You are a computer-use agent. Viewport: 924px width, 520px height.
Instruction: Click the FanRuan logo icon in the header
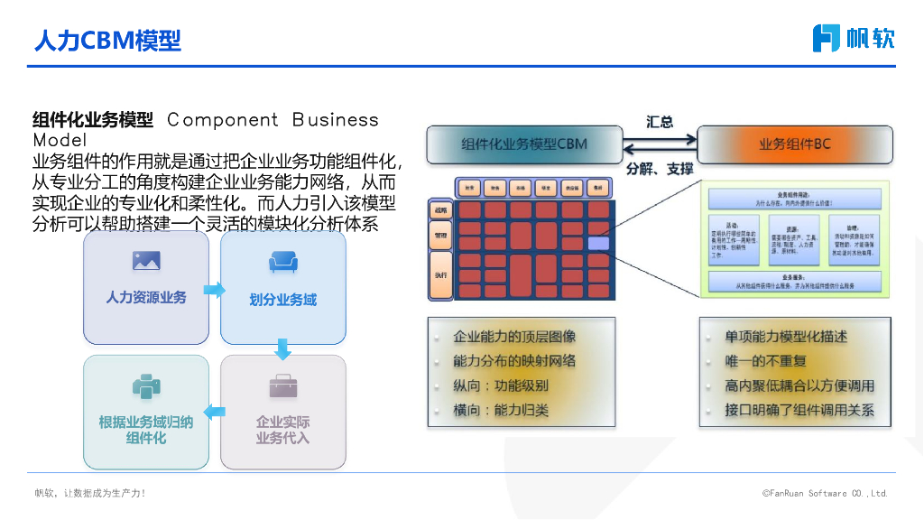(x=827, y=38)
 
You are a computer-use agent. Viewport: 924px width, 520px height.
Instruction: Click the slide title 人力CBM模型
(x=107, y=40)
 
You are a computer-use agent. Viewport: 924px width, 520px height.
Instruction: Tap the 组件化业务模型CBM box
(x=524, y=144)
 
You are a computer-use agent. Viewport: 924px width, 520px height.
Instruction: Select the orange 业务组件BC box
(x=795, y=144)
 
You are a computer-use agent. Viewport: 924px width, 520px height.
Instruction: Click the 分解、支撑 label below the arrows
(x=660, y=169)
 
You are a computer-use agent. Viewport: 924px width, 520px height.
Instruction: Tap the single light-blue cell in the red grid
(x=598, y=243)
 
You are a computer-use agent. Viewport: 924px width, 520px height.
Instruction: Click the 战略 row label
(x=441, y=210)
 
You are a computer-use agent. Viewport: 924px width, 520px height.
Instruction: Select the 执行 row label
(x=441, y=274)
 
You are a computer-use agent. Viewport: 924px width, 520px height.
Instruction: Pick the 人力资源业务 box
(x=146, y=288)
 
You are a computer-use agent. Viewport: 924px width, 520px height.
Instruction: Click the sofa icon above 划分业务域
(x=283, y=263)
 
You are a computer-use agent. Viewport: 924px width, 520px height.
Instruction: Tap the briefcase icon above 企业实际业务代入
(x=283, y=386)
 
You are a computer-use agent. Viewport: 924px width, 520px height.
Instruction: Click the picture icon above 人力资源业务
(x=146, y=261)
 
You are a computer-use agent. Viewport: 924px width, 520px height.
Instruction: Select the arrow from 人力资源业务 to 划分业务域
(x=215, y=290)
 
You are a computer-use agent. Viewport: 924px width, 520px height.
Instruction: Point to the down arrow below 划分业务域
(x=283, y=349)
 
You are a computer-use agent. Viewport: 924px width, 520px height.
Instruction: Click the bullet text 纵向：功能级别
(x=501, y=385)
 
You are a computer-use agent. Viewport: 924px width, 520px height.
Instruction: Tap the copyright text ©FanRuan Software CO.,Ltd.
(x=825, y=494)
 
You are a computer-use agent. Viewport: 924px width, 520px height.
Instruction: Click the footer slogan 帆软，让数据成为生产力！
(x=90, y=494)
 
